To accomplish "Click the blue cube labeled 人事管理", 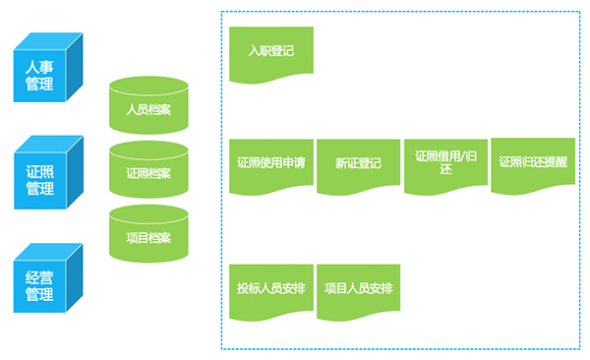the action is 48,68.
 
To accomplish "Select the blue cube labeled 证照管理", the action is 48,172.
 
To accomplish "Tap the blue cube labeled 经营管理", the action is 48,278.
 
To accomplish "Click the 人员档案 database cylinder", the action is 148,105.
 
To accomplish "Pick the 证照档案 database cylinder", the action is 148,169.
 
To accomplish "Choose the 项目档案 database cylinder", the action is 148,233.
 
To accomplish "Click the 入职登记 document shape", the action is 271,55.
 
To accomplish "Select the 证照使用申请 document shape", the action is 271,167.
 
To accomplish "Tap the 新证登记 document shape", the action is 358,167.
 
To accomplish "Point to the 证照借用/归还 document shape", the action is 445,167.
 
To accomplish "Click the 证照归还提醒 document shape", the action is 533,166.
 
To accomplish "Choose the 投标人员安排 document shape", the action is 271,292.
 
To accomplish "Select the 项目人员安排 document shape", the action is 358,292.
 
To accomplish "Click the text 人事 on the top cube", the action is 39,68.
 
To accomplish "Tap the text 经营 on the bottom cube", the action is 39,278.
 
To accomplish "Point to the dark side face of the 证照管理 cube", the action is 75,172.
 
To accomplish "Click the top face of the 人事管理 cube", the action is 48,41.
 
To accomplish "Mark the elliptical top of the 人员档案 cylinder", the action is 148,87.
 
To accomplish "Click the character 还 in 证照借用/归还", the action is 445,169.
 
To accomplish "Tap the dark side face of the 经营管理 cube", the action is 75,278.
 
